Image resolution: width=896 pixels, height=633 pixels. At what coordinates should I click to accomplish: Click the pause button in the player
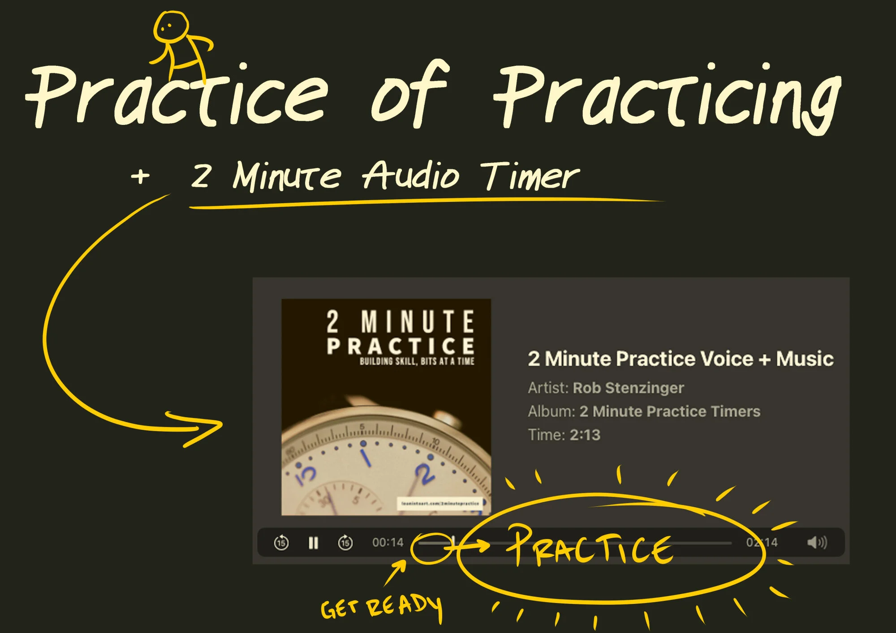(313, 543)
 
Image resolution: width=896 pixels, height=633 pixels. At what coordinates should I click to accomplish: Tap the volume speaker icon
(816, 543)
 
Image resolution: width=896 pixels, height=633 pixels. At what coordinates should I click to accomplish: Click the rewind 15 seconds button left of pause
(281, 543)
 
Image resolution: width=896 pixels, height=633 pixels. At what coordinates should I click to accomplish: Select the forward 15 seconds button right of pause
(345, 543)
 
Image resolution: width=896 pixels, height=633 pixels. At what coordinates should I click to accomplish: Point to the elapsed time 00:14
(388, 543)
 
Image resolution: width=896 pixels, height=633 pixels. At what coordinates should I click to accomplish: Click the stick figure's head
(170, 27)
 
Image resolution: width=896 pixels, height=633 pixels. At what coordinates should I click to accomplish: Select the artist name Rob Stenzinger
(628, 388)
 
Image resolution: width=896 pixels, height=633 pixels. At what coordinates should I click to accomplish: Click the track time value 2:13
(585, 435)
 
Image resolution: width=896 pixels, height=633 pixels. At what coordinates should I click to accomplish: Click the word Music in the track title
(804, 359)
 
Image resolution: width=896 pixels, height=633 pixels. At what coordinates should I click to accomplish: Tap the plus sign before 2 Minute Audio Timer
(140, 176)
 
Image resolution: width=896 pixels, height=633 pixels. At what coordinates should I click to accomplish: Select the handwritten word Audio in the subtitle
(410, 175)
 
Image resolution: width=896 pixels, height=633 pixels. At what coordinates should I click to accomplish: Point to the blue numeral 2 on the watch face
(424, 473)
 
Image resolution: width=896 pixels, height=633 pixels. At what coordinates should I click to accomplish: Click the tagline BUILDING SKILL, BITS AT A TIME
(417, 361)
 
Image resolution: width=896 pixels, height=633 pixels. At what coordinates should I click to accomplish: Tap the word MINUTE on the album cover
(417, 321)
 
